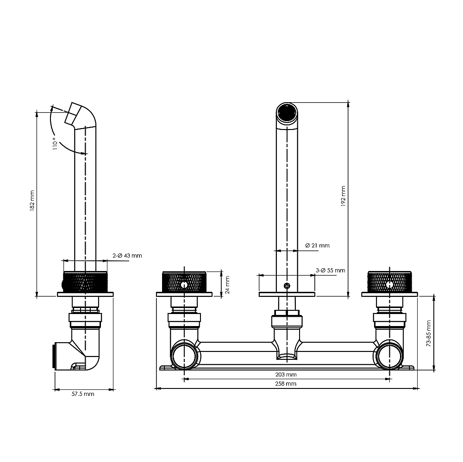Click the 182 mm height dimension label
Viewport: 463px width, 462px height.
pos(32,200)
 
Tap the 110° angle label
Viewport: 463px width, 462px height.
pos(55,143)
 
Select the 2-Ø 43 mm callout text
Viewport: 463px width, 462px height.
pos(127,255)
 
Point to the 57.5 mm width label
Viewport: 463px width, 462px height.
pos(83,394)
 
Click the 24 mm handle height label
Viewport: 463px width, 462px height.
pos(227,285)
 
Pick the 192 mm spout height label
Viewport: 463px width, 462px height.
pos(343,196)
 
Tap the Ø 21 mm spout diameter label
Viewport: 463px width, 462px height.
pos(318,246)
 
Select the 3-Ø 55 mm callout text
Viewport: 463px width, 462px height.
pos(331,270)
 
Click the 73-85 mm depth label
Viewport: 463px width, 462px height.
pos(429,333)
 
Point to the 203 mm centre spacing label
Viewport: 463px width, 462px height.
pos(286,375)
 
